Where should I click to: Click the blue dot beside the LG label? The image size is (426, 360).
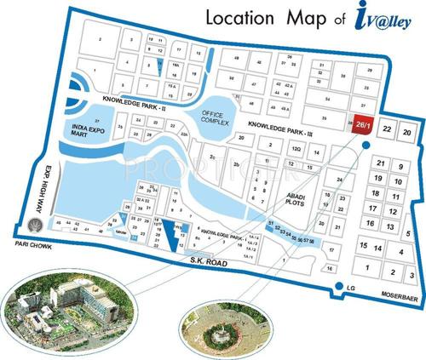pyautogui.click(x=338, y=287)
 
